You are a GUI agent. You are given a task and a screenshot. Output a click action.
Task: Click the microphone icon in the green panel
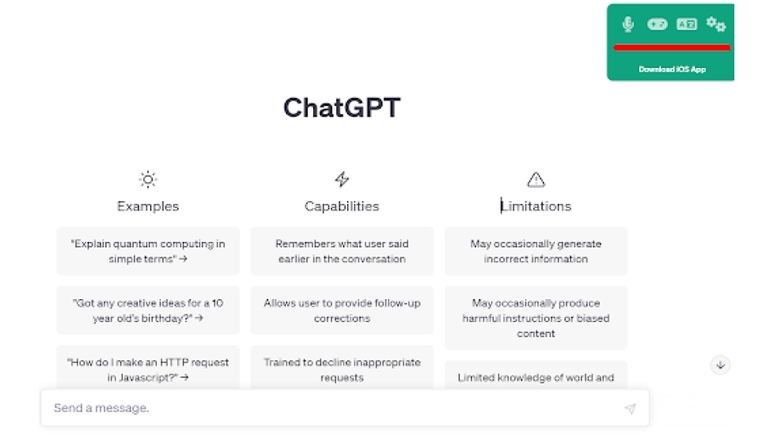[628, 25]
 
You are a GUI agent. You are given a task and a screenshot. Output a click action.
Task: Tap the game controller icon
[657, 25]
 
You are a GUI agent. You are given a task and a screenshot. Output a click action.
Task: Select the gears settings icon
[716, 25]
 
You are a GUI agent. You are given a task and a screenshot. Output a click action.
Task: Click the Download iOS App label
[672, 70]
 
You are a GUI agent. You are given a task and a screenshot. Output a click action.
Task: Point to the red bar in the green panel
[672, 48]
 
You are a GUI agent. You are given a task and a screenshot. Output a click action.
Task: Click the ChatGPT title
[342, 107]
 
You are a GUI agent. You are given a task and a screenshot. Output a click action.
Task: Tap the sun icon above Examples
[148, 180]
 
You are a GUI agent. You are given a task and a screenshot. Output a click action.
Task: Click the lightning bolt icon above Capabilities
[342, 180]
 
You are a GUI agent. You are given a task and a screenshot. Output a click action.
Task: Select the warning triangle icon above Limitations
[536, 180]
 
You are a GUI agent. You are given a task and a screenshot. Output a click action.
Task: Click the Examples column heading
[148, 206]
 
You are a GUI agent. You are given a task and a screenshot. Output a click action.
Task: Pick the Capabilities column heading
[342, 206]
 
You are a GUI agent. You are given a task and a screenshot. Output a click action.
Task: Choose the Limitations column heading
[536, 206]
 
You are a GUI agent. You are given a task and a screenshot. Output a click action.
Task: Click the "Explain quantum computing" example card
[148, 251]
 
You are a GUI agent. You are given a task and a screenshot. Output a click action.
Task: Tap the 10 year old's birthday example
[148, 311]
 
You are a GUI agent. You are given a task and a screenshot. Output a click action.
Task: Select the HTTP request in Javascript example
[148, 369]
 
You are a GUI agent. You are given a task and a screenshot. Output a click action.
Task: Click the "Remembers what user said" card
[342, 251]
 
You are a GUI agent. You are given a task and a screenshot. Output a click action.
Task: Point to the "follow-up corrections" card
[342, 311]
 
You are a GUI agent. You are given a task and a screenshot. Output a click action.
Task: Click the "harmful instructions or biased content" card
[536, 318]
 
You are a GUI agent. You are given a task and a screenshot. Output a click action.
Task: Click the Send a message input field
[332, 408]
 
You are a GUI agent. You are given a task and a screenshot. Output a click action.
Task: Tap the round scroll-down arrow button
[720, 365]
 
